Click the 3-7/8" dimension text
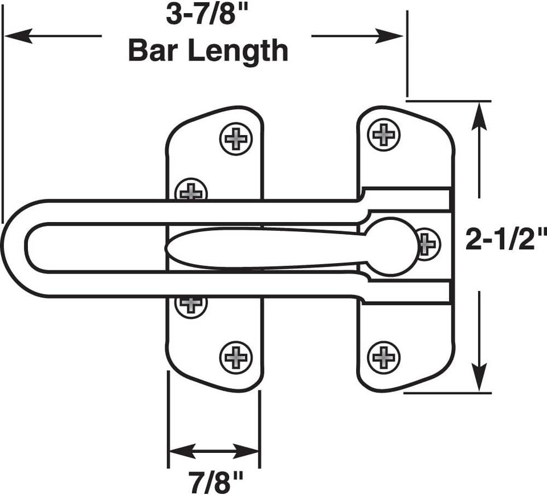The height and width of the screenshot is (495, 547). tap(207, 16)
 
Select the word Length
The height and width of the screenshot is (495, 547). tap(238, 52)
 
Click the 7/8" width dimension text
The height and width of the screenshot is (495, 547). tap(215, 481)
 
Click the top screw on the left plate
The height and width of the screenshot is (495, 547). tap(236, 139)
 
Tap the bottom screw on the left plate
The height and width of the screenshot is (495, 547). tap(236, 358)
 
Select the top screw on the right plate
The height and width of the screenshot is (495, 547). tap(384, 134)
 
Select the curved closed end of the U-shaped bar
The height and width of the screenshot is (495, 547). tap(14, 248)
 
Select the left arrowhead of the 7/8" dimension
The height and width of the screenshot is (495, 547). tap(182, 451)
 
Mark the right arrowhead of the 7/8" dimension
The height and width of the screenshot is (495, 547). tap(246, 451)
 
